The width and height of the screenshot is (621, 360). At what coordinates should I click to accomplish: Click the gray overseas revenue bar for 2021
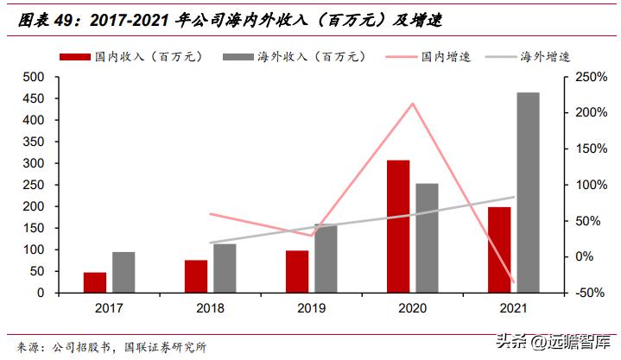tap(528, 193)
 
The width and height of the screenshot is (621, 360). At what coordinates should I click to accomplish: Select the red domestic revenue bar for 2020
tap(398, 226)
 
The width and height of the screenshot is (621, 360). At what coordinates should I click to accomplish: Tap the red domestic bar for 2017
tap(95, 282)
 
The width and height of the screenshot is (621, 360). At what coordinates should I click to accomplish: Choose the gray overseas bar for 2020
tap(427, 237)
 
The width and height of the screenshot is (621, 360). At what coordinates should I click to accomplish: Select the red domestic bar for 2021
tap(499, 249)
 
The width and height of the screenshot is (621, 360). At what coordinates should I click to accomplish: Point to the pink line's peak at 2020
tap(413, 104)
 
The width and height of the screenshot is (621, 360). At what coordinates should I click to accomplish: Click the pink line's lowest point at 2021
tap(514, 282)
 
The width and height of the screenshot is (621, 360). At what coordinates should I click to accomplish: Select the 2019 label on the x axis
tap(311, 308)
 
